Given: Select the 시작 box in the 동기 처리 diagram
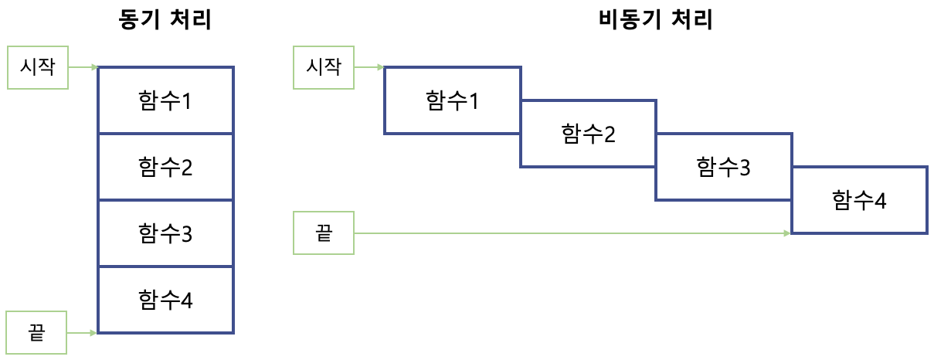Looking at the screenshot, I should (x=37, y=67).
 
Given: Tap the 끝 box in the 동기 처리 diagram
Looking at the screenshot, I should (x=36, y=333).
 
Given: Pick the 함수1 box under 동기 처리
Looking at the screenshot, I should (x=165, y=100).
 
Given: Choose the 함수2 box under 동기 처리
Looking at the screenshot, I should (x=165, y=167).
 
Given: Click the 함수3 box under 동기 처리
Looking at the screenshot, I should (x=165, y=233).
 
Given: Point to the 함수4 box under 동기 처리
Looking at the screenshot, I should (x=165, y=300).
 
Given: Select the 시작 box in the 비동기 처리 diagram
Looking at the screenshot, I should (x=324, y=67).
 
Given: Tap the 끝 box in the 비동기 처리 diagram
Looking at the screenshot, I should (x=324, y=233).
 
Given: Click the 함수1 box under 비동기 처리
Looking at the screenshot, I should (x=452, y=100).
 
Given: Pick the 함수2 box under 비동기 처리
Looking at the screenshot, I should (x=588, y=134).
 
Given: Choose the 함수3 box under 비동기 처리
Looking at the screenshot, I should (x=723, y=167).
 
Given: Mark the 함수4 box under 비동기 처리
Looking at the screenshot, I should (x=859, y=200).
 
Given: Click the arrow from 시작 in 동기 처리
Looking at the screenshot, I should (x=83, y=67).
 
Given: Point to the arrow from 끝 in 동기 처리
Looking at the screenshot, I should (x=83, y=333).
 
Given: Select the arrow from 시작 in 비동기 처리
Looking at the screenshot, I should (x=369, y=67).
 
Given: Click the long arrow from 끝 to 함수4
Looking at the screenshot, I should (x=572, y=233).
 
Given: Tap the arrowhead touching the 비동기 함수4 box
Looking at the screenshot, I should (x=786, y=233).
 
